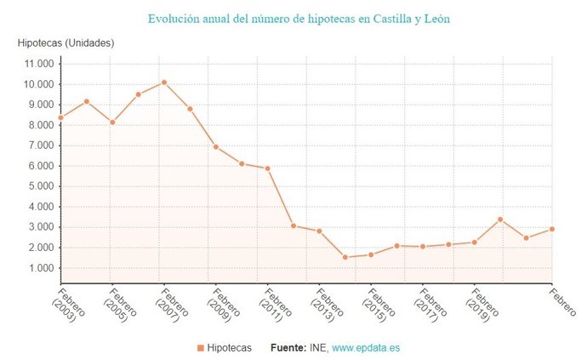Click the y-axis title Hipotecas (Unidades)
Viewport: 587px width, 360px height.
66,43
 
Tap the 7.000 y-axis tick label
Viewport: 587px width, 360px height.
40,146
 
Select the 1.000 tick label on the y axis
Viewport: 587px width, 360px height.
40,268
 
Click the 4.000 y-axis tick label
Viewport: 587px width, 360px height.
40,207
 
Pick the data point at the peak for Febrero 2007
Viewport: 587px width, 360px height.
164,82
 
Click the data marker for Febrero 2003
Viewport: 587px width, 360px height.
60,117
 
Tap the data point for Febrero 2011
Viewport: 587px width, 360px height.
267,168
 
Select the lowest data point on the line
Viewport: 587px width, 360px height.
345,257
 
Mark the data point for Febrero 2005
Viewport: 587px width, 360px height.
112,123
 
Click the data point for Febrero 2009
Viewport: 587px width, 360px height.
215,146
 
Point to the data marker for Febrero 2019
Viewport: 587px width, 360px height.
474,242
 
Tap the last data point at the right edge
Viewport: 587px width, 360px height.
552,229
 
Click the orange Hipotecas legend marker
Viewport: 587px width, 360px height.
201,347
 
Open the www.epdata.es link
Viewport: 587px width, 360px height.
368,347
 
